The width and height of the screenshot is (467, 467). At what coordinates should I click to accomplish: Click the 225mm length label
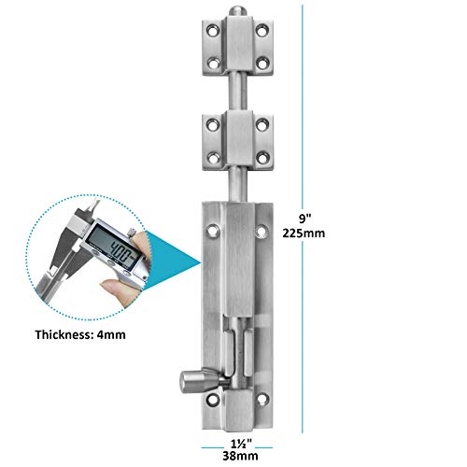(304, 233)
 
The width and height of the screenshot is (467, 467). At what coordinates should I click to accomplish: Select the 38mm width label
(240, 456)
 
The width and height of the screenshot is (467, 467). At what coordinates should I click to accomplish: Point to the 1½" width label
(241, 443)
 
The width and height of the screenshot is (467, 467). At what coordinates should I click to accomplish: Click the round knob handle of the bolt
(194, 381)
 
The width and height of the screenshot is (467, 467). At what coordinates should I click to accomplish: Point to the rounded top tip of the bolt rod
(238, 11)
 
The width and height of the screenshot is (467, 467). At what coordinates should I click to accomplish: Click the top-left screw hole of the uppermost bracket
(213, 31)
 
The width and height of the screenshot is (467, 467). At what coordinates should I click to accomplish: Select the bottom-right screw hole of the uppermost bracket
(262, 64)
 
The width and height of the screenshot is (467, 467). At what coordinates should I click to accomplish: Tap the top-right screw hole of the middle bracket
(262, 125)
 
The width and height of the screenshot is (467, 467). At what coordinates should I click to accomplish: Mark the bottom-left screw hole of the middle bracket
(213, 158)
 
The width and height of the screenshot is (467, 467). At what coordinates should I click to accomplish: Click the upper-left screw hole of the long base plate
(213, 231)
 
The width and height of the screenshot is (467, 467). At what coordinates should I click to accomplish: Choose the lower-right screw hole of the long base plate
(262, 400)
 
